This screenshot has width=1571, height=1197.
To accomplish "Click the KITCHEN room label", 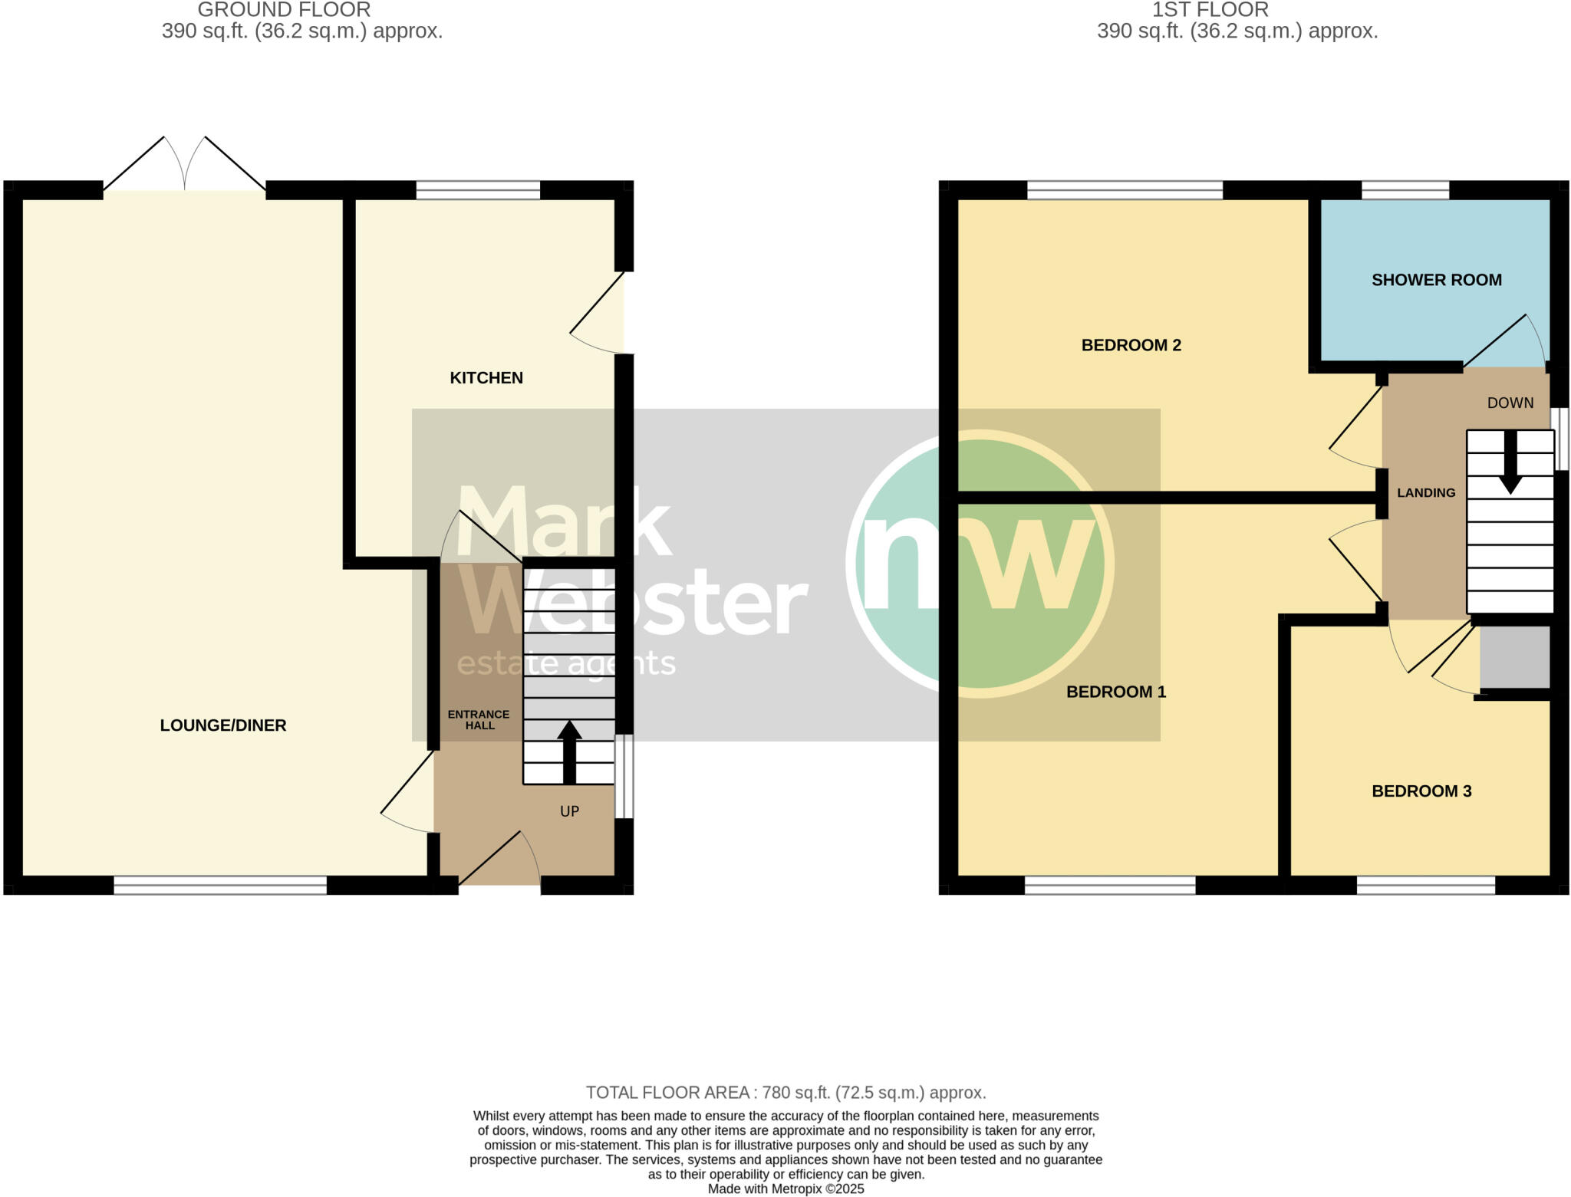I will [x=486, y=377].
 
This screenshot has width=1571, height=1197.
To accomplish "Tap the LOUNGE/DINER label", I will [x=222, y=725].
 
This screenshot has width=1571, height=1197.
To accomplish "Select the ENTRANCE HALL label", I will [x=479, y=719].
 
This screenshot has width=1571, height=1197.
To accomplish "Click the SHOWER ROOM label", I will [x=1436, y=280].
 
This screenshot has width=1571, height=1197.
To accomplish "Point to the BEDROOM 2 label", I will [x=1131, y=345].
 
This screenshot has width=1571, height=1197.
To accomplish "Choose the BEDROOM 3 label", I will [x=1421, y=791].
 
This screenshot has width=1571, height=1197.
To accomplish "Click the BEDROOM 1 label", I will [x=1115, y=692].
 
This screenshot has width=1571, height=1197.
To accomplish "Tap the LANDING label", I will [x=1425, y=493].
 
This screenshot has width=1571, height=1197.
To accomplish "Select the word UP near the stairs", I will [x=569, y=811].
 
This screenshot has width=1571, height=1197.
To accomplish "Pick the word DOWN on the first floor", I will [x=1510, y=403].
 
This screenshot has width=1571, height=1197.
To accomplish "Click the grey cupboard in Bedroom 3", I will [x=1514, y=657].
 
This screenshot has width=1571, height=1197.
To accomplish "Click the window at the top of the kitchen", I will [x=478, y=189].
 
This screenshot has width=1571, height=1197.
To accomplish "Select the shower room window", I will [x=1405, y=189].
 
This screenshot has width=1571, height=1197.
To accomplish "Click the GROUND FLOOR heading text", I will [x=284, y=10].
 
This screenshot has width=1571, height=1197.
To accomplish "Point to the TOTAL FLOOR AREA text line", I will [x=785, y=1092].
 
